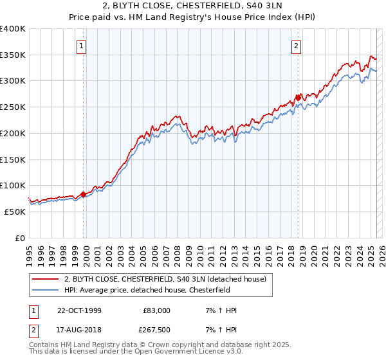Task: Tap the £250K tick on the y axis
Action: (13, 107)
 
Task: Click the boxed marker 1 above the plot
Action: (82, 46)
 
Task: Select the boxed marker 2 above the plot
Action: (296, 46)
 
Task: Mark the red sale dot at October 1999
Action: (84, 194)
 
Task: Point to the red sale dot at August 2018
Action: (298, 98)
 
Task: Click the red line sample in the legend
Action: (45, 278)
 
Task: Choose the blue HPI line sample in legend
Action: (45, 290)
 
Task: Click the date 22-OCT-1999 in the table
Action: (79, 310)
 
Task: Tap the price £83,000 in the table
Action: (156, 310)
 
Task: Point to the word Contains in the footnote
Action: (44, 345)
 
